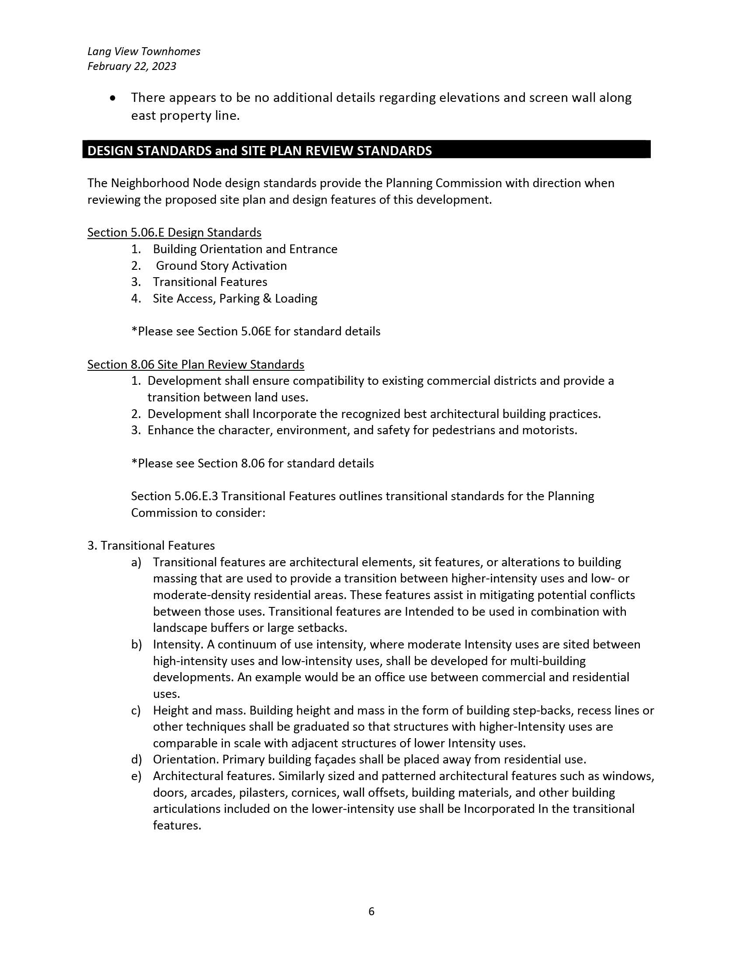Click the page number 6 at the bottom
point(371,911)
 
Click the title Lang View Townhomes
point(143,52)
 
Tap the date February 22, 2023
point(132,66)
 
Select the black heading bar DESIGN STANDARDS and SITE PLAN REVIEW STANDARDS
point(366,150)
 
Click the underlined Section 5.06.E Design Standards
point(174,232)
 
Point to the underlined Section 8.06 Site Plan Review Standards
point(195,364)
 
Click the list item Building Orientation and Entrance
point(245,249)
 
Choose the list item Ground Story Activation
point(221,265)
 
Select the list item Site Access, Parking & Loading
point(235,299)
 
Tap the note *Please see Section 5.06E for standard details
point(255,331)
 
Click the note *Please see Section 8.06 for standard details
point(252,464)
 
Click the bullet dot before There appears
point(113,98)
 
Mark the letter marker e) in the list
point(136,776)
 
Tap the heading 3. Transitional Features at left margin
point(151,546)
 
